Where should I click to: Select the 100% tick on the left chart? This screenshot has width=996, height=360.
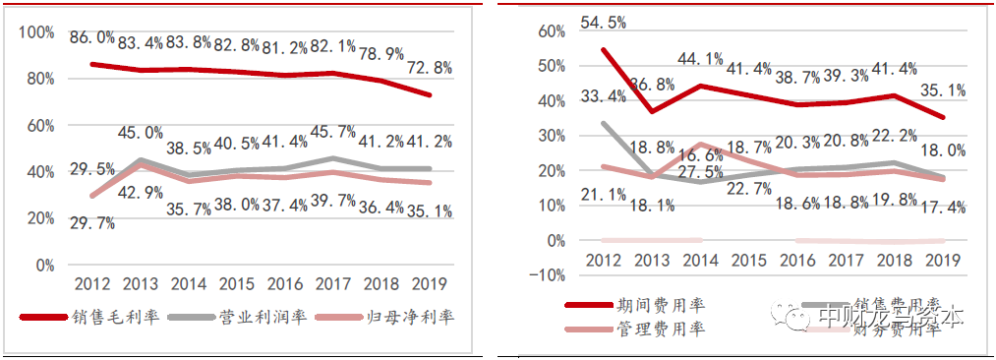pyautogui.click(x=37, y=32)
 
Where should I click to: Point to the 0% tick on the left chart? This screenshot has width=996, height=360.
pyautogui.click(x=45, y=265)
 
